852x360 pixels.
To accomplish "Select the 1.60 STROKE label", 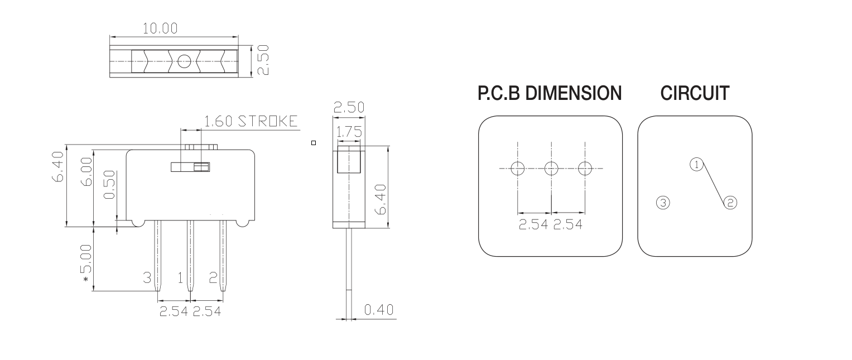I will pos(251,122).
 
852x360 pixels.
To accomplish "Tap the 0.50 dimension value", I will pos(110,185).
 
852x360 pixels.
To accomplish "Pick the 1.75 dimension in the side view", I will pos(349,132).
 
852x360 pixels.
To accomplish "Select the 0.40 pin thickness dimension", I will pos(379,310).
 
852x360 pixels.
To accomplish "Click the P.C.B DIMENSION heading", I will pos(550,94).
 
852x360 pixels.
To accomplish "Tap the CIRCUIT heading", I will pos(695,94).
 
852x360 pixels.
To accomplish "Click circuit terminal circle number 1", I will pos(696,164).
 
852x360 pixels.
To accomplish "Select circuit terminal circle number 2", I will pos(730,203).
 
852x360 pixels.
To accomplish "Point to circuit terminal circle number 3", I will pos(662,203).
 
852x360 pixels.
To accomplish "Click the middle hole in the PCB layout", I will pos(551,168).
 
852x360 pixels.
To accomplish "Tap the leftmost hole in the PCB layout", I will pos(518,168).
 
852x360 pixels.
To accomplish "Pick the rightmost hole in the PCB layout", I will pos(585,168).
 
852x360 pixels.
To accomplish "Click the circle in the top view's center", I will pos(184,61).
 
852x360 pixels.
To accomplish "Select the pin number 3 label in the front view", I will pos(147,277).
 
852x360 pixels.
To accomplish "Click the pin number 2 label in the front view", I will pos(213,277).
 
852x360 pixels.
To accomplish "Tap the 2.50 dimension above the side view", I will pos(349,108).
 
